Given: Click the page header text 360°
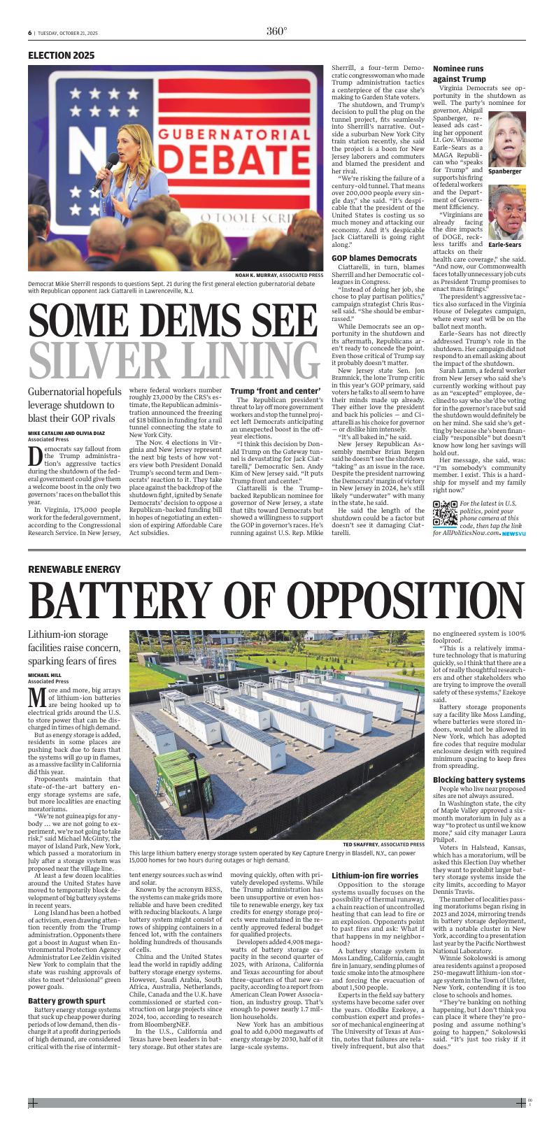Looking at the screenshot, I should [x=276, y=31].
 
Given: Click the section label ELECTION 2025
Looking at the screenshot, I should [x=61, y=55].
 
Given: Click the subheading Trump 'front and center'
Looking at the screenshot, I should [x=266, y=390].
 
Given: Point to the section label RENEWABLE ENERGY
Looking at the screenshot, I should [x=74, y=569].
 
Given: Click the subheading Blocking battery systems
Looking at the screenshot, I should [x=478, y=779].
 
